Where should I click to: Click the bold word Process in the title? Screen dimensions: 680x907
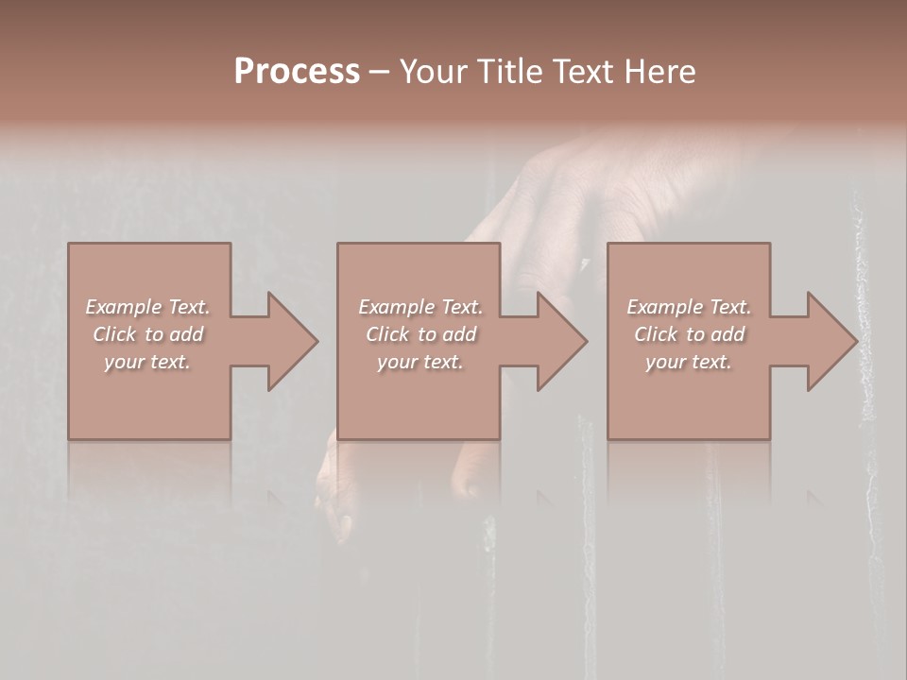[x=297, y=72]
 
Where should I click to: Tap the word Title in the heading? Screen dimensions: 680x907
[x=508, y=72]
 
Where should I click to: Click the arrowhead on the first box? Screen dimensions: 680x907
[x=292, y=341]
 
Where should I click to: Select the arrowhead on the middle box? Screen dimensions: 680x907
[x=561, y=341]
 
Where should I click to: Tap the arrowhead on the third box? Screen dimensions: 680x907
[x=831, y=341]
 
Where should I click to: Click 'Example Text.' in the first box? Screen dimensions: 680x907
[x=147, y=307]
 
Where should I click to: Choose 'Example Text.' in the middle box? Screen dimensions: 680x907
[x=420, y=307]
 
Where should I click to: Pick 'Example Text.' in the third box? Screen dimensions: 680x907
[x=689, y=307]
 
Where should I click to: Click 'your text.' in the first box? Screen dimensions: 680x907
[x=147, y=362]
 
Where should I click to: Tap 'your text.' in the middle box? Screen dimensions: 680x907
[x=420, y=362]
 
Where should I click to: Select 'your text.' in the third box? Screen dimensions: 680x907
[x=689, y=362]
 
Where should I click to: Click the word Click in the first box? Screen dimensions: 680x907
[x=114, y=334]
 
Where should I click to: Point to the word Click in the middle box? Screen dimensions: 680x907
[x=387, y=334]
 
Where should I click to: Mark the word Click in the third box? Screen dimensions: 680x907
[x=656, y=334]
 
